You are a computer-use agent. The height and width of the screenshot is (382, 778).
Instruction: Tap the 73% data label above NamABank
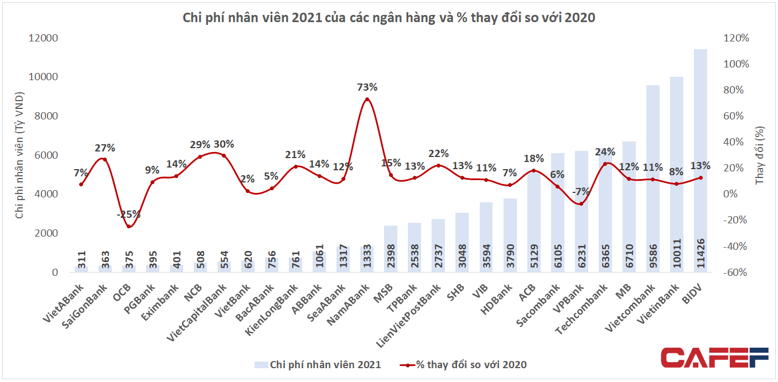click(x=367, y=87)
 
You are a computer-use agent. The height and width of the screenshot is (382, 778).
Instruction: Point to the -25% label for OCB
click(x=129, y=214)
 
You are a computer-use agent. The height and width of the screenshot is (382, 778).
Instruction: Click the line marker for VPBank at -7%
click(x=581, y=203)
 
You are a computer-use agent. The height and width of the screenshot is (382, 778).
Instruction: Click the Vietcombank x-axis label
click(x=631, y=304)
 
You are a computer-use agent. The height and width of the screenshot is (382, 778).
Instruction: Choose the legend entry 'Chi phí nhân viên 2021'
click(x=318, y=364)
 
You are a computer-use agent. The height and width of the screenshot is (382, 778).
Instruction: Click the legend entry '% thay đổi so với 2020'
click(x=463, y=364)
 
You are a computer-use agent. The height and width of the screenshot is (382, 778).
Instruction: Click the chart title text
click(x=389, y=18)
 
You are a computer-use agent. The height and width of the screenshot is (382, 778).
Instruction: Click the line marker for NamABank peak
click(x=367, y=100)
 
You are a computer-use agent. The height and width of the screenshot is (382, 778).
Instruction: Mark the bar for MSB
click(x=391, y=249)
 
